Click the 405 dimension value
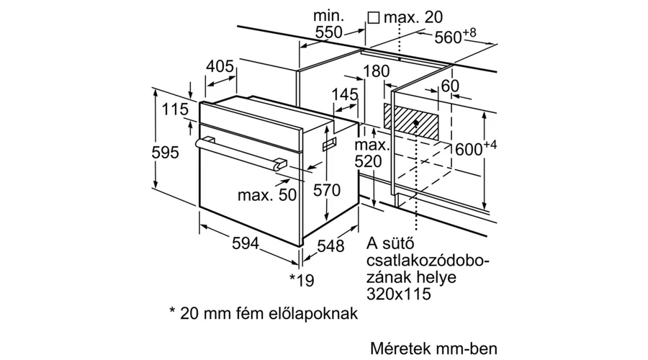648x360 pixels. click(x=220, y=66)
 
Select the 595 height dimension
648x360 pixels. click(x=166, y=153)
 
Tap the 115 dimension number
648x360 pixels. click(x=175, y=109)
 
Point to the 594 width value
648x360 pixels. click(x=246, y=243)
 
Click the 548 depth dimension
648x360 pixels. click(x=330, y=246)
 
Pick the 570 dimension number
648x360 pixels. click(x=326, y=190)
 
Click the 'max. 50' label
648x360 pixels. click(x=267, y=194)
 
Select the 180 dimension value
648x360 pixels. click(x=376, y=71)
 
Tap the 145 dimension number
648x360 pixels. click(x=345, y=94)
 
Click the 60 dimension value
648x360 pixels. click(x=450, y=86)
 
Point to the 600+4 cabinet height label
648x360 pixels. click(x=476, y=148)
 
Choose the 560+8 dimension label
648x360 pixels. click(x=455, y=36)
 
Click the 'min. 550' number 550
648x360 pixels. click(x=328, y=32)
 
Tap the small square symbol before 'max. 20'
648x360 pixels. click(x=374, y=17)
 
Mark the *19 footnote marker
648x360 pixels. click(x=302, y=280)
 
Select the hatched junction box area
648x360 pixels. click(x=412, y=122)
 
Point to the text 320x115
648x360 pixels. click(x=399, y=294)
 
